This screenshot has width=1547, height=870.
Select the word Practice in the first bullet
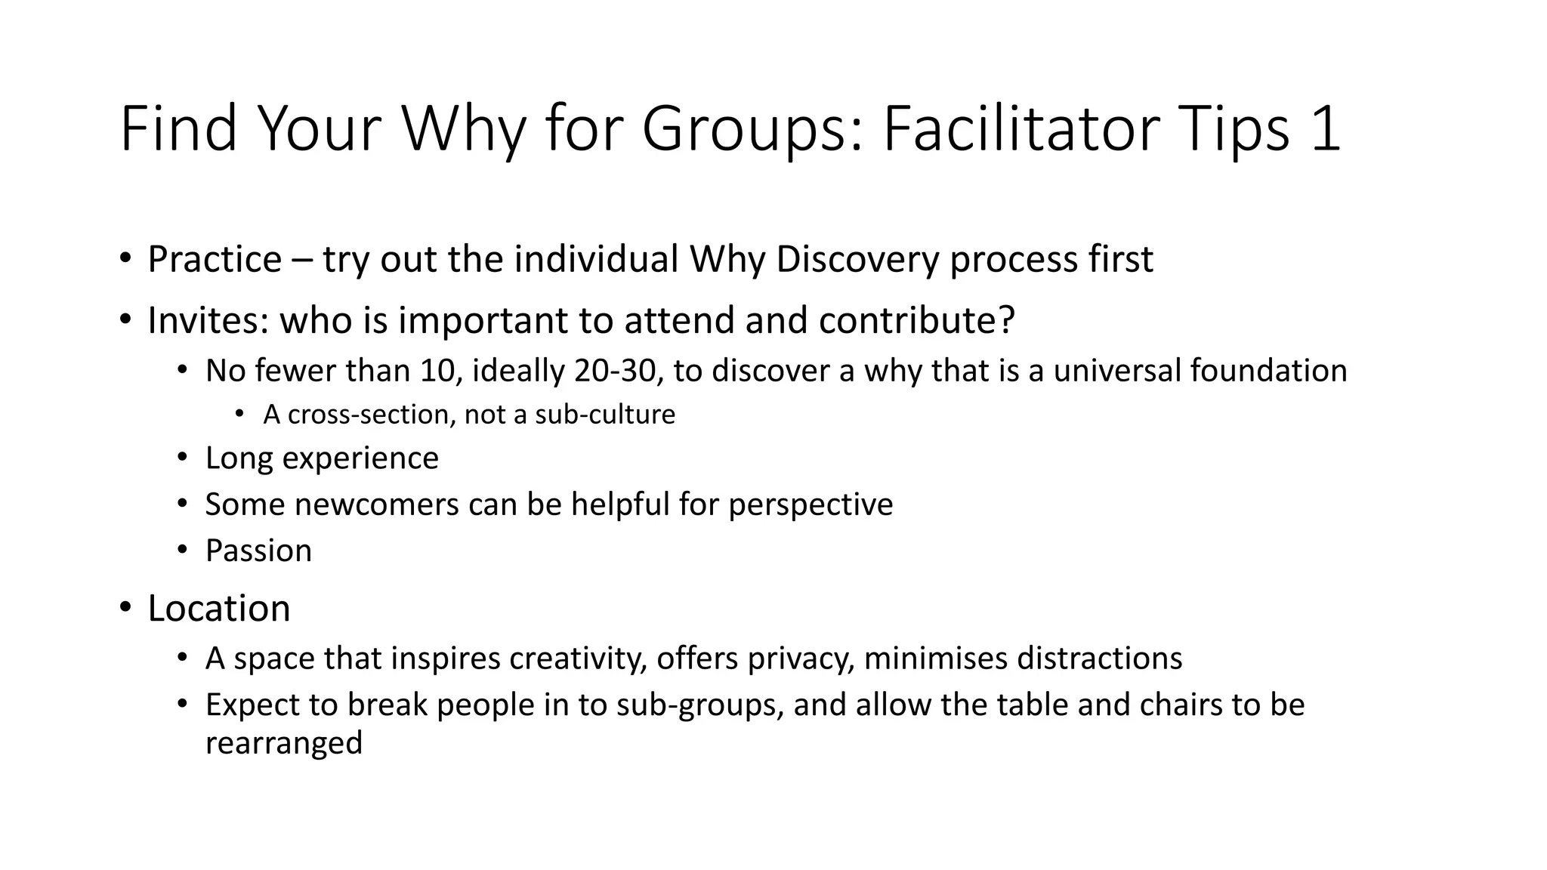[215, 259]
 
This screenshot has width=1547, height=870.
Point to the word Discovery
[857, 259]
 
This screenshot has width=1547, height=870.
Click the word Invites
[208, 320]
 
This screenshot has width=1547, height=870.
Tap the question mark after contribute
[1007, 320]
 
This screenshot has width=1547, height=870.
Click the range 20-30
[613, 371]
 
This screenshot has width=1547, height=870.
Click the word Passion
[258, 551]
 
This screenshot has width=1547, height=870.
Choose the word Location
[219, 608]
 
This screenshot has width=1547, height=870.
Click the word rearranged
[284, 743]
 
